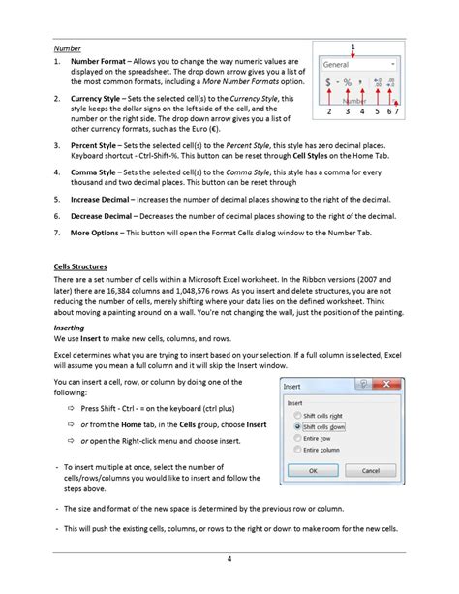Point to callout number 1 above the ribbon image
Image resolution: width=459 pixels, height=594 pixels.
[x=353, y=46]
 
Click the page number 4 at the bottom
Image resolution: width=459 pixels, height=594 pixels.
[x=229, y=558]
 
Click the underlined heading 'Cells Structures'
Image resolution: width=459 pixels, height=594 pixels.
[x=80, y=266]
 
